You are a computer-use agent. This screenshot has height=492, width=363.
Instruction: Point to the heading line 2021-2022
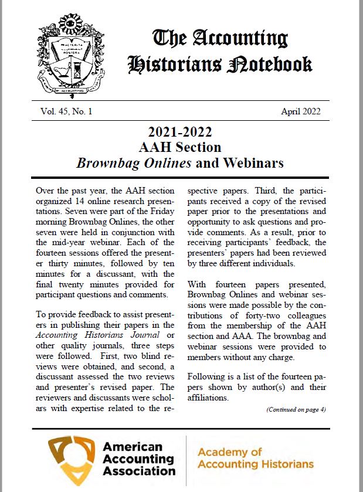click(180, 131)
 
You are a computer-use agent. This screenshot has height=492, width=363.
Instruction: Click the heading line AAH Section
click(180, 147)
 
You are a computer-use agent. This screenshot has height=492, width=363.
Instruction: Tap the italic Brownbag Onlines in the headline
click(134, 162)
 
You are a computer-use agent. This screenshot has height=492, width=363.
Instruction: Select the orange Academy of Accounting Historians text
click(255, 458)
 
